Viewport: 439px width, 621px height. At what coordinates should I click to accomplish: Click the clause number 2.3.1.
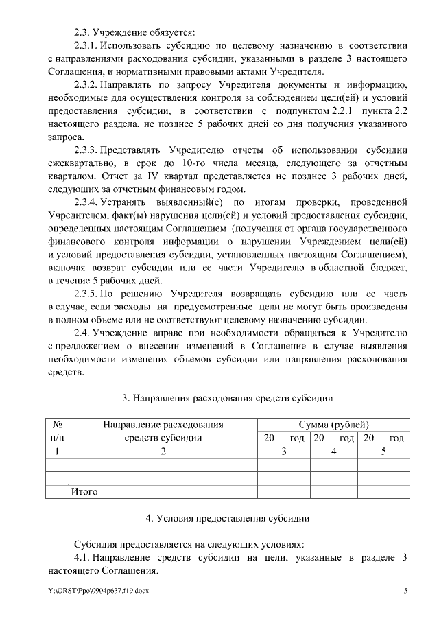click(86, 45)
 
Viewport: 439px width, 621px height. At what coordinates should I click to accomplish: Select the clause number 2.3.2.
click(86, 84)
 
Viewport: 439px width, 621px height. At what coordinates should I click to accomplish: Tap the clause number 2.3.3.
click(86, 150)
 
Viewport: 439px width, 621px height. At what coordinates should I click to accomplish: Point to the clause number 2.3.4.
click(86, 202)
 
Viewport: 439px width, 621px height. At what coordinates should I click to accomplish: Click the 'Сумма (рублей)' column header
click(334, 425)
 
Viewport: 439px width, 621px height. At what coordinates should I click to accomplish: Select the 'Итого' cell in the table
click(84, 491)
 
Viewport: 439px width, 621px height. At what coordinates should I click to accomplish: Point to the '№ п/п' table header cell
click(58, 431)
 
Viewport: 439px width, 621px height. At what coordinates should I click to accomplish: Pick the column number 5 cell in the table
click(383, 451)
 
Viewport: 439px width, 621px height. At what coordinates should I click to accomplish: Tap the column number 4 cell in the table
click(333, 451)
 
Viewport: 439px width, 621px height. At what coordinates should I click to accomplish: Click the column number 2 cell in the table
click(163, 451)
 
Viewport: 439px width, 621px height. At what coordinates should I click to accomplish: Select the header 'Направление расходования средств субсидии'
click(163, 431)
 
